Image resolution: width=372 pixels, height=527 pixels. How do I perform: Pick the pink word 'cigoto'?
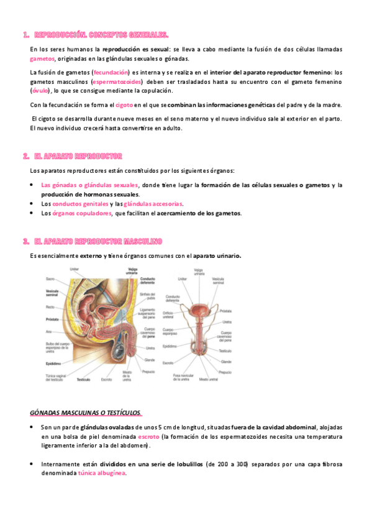(x=124, y=105)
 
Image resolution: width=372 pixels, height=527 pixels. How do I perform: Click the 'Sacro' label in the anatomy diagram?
(x=50, y=279)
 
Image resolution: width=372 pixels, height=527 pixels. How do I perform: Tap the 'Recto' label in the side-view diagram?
(x=50, y=307)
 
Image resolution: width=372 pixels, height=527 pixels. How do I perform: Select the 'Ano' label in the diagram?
(x=48, y=332)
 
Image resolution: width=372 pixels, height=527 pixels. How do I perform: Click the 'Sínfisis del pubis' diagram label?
(x=148, y=295)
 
